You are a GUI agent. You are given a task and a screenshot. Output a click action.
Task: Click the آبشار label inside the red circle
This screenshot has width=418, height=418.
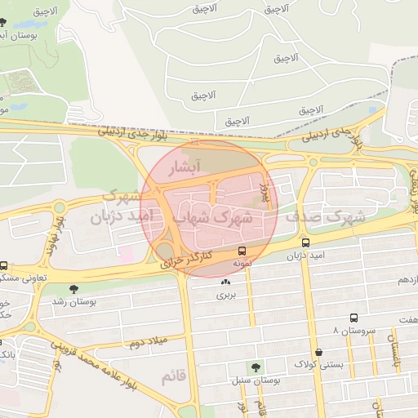(184, 169)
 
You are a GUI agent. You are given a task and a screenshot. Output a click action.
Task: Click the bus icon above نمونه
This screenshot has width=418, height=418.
(242, 252)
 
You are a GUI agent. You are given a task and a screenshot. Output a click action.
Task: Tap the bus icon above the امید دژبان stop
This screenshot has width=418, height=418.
(305, 242)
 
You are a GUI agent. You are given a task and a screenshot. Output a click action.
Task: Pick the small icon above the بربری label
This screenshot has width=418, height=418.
(225, 282)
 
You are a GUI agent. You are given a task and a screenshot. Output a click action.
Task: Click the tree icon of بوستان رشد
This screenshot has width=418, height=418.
(74, 289)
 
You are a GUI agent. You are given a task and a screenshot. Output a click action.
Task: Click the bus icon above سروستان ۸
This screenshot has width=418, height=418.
(354, 318)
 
